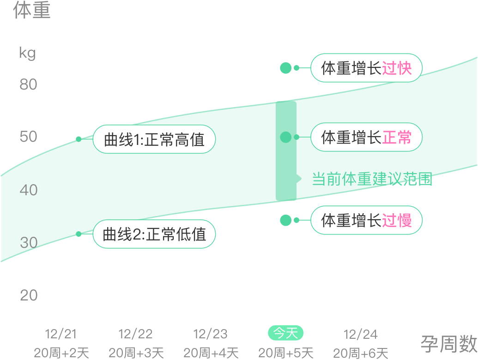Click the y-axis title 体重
click(x=31, y=11)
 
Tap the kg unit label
click(x=27, y=53)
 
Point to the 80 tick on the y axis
click(x=28, y=84)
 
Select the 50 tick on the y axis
click(x=28, y=137)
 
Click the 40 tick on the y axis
click(x=28, y=190)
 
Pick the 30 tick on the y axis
click(x=28, y=242)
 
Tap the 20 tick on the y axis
click(x=28, y=295)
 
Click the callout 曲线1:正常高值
click(x=154, y=139)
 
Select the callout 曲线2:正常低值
click(x=154, y=234)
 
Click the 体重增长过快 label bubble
click(x=366, y=68)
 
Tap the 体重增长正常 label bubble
click(x=366, y=137)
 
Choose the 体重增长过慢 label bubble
click(x=366, y=220)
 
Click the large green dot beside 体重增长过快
click(x=286, y=68)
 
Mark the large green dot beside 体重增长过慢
click(x=286, y=220)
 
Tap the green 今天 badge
click(x=286, y=333)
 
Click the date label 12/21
click(x=61, y=334)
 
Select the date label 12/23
click(x=211, y=334)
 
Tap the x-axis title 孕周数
click(x=448, y=344)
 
